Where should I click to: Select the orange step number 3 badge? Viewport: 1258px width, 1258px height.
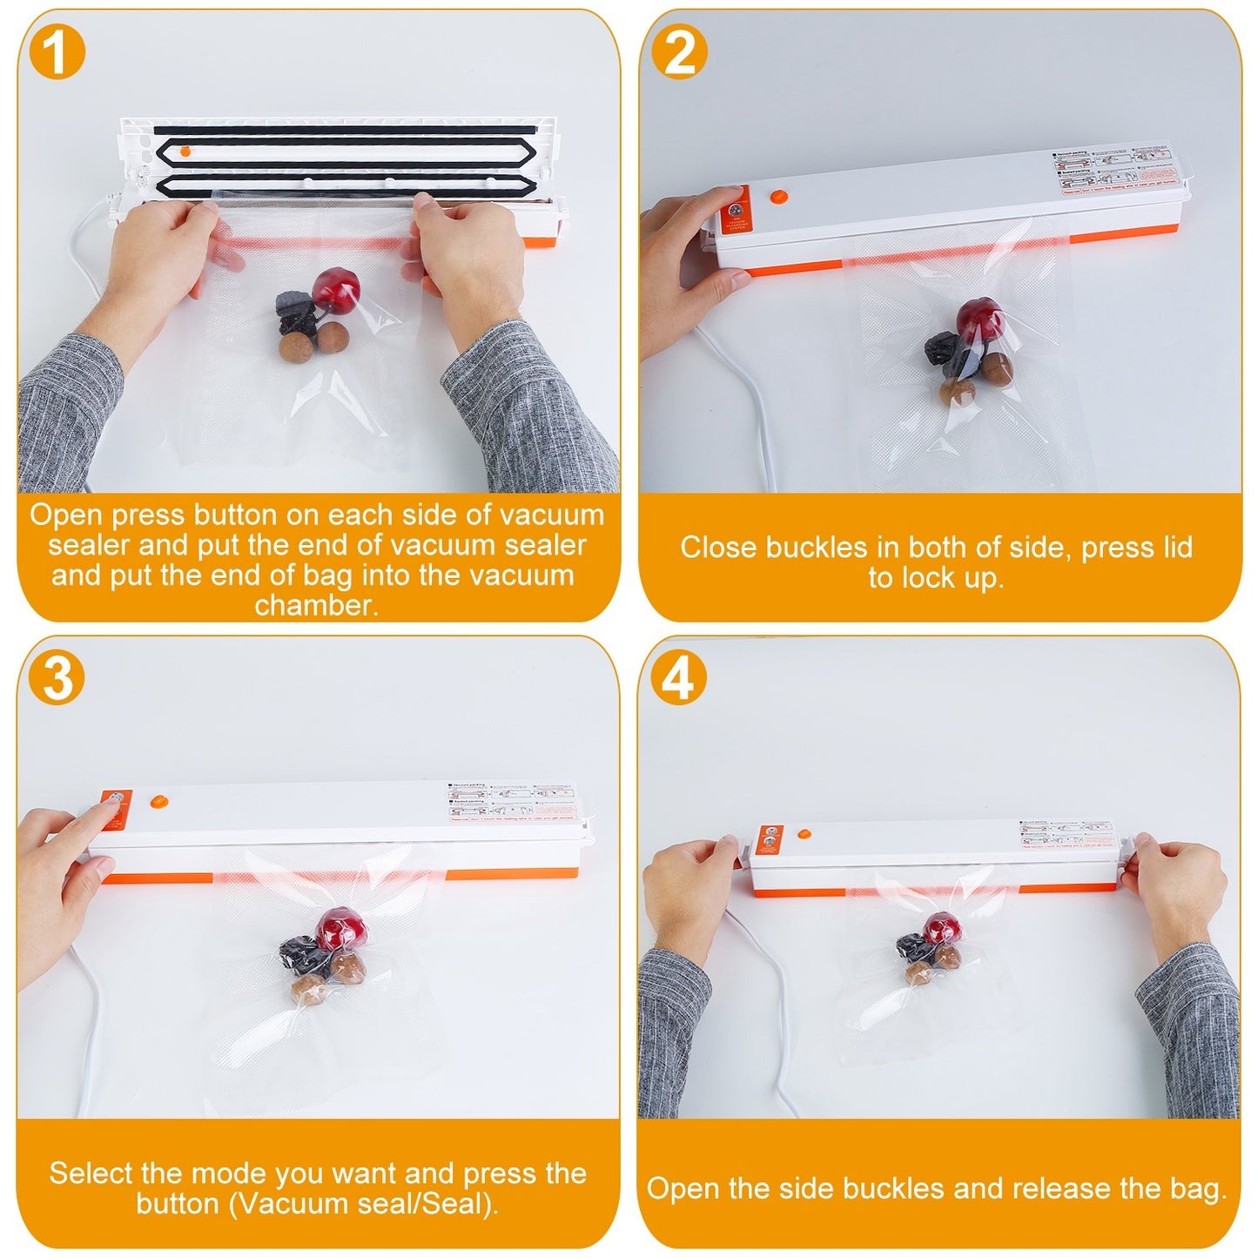(57, 676)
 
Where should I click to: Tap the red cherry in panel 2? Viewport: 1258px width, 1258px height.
(980, 321)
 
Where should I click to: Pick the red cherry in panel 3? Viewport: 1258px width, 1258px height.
(337, 930)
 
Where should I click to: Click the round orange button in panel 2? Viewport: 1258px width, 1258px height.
(778, 198)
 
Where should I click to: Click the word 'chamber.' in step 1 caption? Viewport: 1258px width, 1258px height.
(317, 605)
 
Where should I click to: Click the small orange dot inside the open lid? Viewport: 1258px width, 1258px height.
(185, 151)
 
